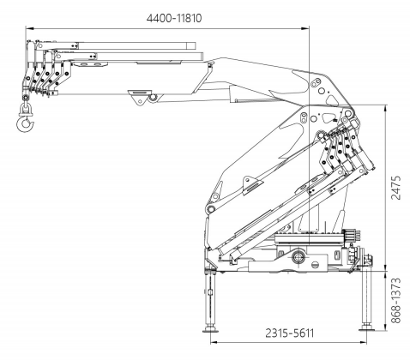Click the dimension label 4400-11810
(x=174, y=18)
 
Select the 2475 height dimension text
(x=396, y=188)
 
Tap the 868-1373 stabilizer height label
(x=396, y=301)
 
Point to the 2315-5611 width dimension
(x=289, y=333)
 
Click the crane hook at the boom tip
(x=25, y=123)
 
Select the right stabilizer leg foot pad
(x=366, y=327)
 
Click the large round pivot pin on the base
(x=298, y=257)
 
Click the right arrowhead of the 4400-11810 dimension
(x=305, y=28)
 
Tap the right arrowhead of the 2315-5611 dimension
(x=363, y=342)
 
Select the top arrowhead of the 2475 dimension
(x=386, y=110)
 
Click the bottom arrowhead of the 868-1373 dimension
(x=386, y=327)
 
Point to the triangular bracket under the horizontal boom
(x=140, y=97)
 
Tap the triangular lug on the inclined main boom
(x=251, y=185)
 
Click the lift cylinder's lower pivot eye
(x=211, y=209)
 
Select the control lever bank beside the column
(x=353, y=235)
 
